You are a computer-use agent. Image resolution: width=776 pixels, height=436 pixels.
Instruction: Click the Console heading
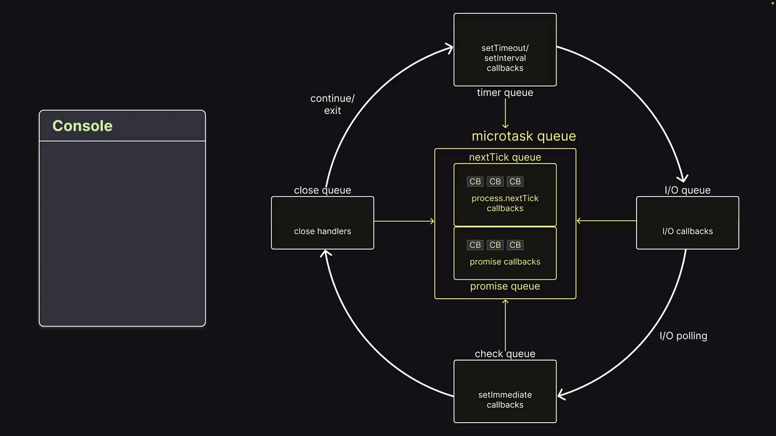click(82, 126)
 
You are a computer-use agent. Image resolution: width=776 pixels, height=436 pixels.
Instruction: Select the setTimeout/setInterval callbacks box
click(505, 50)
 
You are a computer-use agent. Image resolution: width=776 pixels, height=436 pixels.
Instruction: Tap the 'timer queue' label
click(505, 92)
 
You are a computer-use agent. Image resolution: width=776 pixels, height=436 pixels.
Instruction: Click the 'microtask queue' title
click(524, 136)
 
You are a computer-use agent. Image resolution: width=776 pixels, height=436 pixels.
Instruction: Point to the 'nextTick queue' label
click(505, 157)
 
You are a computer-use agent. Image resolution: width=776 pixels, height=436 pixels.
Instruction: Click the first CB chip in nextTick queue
click(475, 182)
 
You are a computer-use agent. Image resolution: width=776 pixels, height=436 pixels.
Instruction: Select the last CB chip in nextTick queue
click(515, 182)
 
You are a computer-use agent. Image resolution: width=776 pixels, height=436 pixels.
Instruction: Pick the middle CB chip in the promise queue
click(495, 245)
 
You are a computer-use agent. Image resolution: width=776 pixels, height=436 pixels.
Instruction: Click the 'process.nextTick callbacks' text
click(505, 203)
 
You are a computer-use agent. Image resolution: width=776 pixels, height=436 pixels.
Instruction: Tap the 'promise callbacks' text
click(505, 262)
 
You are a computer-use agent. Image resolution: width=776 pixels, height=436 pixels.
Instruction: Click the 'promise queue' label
click(505, 286)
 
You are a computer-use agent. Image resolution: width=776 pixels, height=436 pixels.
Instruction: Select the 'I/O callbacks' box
click(687, 223)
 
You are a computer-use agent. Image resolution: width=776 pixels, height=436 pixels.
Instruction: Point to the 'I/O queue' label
click(687, 190)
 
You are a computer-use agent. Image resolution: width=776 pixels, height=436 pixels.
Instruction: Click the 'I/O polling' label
click(683, 336)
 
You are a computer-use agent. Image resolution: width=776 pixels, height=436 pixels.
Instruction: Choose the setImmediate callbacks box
click(505, 392)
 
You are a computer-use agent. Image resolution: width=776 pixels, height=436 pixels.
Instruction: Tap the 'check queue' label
click(505, 354)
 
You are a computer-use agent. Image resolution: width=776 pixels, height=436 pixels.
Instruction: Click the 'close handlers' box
click(323, 223)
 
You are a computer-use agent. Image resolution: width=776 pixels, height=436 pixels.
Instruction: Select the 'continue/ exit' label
click(332, 105)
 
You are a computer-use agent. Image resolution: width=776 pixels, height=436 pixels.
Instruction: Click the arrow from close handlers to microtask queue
click(404, 221)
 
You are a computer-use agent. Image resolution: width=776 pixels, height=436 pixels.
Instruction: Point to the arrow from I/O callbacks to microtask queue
click(606, 221)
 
